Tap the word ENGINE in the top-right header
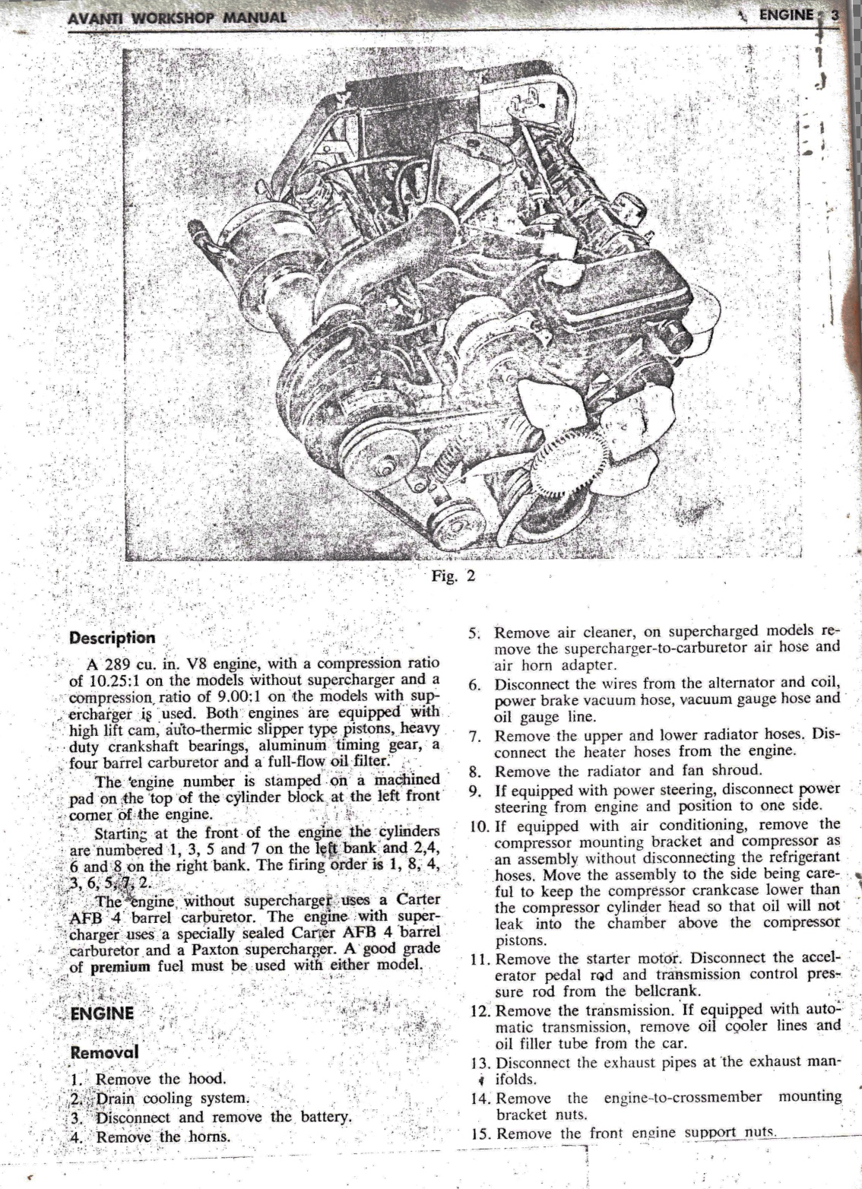tap(784, 14)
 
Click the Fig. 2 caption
tap(452, 575)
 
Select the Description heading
tap(112, 637)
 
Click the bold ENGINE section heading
tap(101, 1013)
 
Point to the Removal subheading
tap(100, 1053)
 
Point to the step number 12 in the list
tap(479, 1010)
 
